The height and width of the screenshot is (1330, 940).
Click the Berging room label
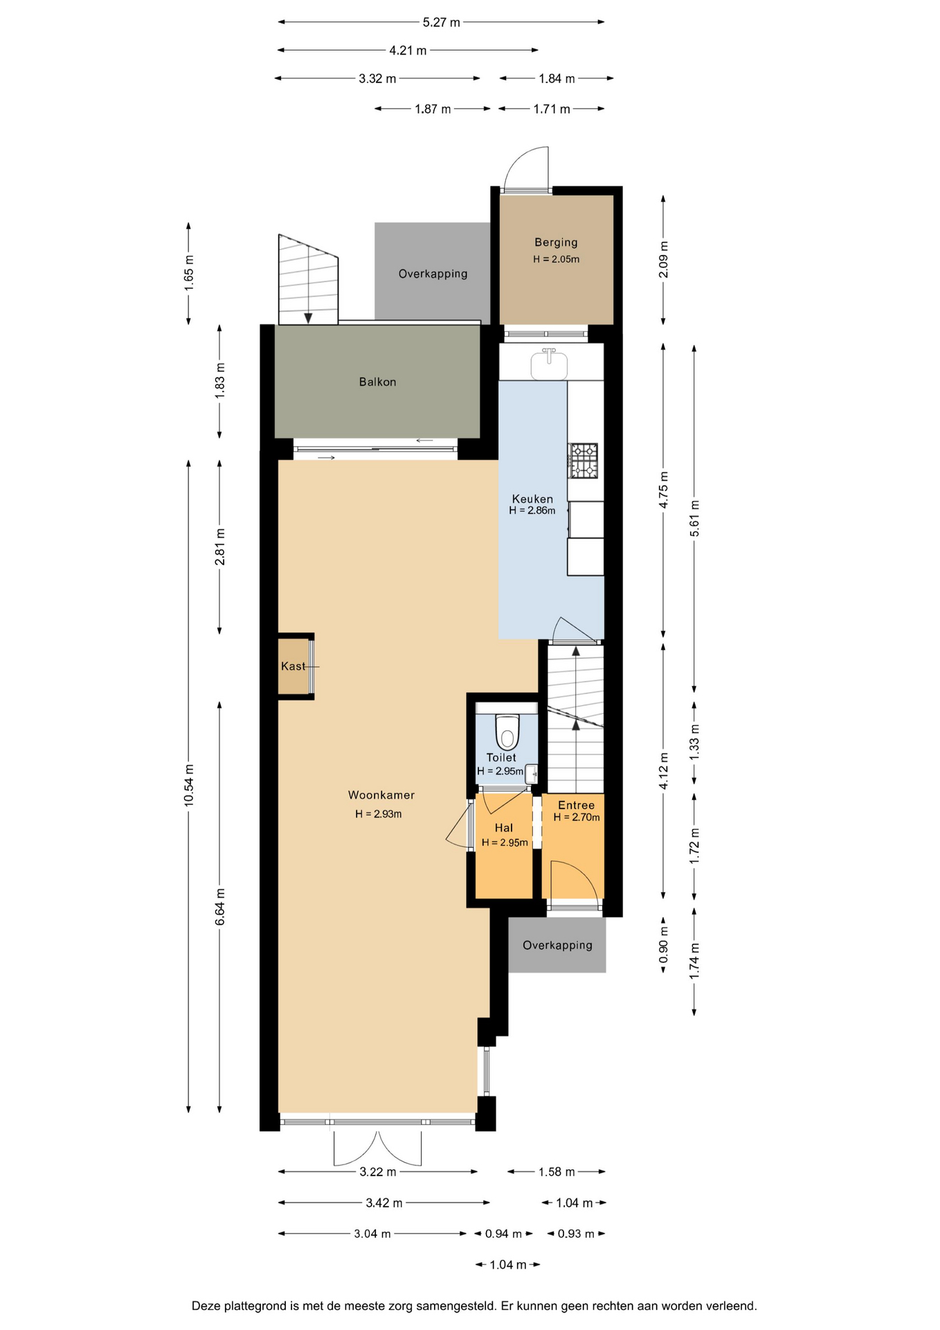pyautogui.click(x=556, y=242)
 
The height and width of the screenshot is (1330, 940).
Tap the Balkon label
pyautogui.click(x=377, y=382)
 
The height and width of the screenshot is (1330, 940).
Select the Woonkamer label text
pyautogui.click(x=381, y=795)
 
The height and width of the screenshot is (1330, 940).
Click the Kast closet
pyautogui.click(x=293, y=666)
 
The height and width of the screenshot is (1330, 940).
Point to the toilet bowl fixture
pyautogui.click(x=507, y=731)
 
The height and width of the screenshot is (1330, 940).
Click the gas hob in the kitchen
pyautogui.click(x=583, y=461)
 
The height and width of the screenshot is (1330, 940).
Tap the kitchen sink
pyautogui.click(x=549, y=364)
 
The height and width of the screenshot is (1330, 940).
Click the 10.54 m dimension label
pyautogui.click(x=189, y=786)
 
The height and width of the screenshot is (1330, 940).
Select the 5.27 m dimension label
pyautogui.click(x=442, y=22)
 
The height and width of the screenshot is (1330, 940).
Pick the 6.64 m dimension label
pyautogui.click(x=220, y=907)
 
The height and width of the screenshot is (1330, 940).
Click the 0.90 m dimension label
pyautogui.click(x=663, y=945)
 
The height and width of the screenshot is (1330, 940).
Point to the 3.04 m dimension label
pyautogui.click(x=372, y=1234)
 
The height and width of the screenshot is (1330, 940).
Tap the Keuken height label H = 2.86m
pyautogui.click(x=532, y=511)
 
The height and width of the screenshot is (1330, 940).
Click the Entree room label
pyautogui.click(x=577, y=805)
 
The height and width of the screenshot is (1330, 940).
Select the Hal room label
pyautogui.click(x=504, y=828)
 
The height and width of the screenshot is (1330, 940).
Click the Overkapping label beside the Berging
pyautogui.click(x=433, y=274)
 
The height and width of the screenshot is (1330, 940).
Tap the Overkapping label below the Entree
pyautogui.click(x=557, y=945)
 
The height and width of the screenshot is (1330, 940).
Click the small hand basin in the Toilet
pyautogui.click(x=532, y=773)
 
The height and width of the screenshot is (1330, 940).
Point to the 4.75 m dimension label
pyautogui.click(x=663, y=490)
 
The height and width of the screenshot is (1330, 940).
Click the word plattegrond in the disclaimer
pyautogui.click(x=253, y=1306)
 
